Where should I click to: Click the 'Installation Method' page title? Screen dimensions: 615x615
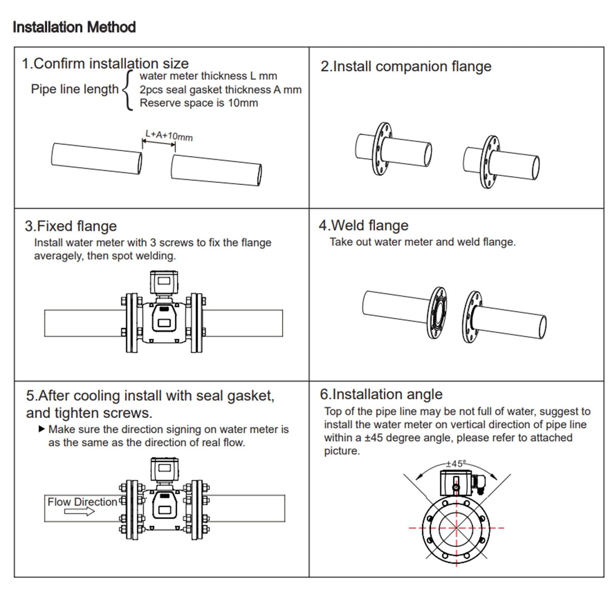(x=74, y=27)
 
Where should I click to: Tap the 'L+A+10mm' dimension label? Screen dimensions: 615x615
(x=169, y=135)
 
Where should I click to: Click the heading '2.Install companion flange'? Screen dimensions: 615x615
(x=406, y=66)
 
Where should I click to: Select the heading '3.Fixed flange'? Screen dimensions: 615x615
(x=71, y=226)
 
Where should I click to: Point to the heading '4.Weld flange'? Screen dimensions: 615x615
(x=364, y=225)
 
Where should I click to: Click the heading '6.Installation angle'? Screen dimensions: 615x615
(x=381, y=394)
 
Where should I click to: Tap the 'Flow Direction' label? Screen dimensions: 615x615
(x=82, y=502)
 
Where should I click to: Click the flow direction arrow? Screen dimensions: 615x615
(x=80, y=512)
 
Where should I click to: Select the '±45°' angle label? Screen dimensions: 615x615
(x=456, y=464)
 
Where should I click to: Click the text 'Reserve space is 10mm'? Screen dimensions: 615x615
(x=199, y=103)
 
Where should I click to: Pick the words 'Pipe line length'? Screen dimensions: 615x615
(x=75, y=89)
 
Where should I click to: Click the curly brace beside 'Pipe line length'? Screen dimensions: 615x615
(x=128, y=90)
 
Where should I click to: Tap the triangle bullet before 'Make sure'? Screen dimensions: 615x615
(x=42, y=429)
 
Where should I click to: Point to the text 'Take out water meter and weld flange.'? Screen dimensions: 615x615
(x=422, y=242)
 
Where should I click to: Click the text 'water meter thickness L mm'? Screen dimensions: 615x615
(x=208, y=76)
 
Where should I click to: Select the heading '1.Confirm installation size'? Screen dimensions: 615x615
(x=105, y=64)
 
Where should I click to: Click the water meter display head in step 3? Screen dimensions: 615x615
(x=164, y=282)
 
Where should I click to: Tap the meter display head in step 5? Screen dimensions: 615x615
(x=165, y=469)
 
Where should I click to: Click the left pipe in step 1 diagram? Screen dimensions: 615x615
(x=96, y=158)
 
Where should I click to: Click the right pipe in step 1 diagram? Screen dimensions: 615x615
(x=216, y=170)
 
